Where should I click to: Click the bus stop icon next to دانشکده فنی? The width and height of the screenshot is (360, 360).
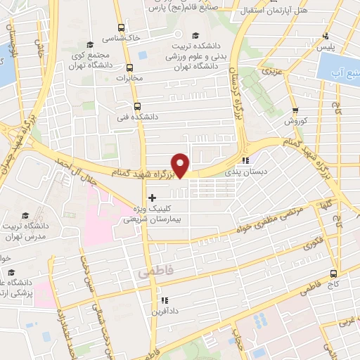(136, 105)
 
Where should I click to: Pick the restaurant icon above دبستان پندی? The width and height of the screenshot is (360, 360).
(245, 160)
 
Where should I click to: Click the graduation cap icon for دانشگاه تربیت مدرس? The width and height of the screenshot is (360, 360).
(25, 215)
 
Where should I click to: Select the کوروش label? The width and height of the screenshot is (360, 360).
(297, 122)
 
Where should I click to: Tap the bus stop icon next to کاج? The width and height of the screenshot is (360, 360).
(334, 273)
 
